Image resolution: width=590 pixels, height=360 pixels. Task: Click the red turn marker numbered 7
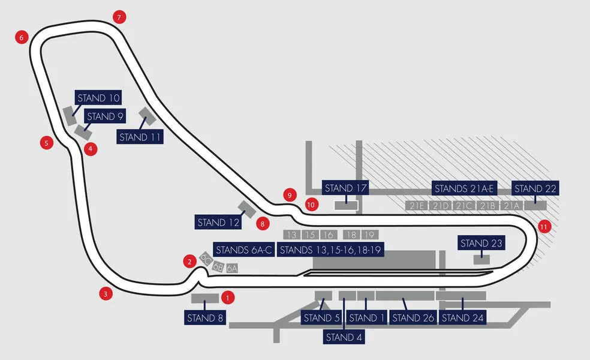tap(120, 17)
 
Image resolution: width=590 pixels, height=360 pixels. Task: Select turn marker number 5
tap(46, 143)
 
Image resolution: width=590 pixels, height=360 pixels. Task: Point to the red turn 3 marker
tap(106, 293)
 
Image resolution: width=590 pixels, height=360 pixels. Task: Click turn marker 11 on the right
tap(544, 226)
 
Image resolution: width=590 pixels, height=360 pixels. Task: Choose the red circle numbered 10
tap(311, 205)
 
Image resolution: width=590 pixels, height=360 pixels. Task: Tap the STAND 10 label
tap(99, 98)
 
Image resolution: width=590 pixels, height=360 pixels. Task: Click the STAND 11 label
tap(141, 137)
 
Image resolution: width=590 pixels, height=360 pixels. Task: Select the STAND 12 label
tap(218, 222)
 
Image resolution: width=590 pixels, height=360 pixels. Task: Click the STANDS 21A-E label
tap(464, 188)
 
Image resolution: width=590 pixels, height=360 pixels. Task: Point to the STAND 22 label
tap(535, 188)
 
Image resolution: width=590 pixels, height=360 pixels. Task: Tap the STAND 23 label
tap(481, 244)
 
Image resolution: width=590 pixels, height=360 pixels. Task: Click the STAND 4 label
tap(344, 337)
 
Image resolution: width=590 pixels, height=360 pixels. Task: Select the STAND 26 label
tap(413, 317)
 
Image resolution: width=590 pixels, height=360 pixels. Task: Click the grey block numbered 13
tap(292, 235)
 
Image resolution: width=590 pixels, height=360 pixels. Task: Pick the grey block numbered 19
tap(369, 235)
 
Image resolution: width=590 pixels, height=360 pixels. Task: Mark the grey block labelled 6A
tap(232, 268)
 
